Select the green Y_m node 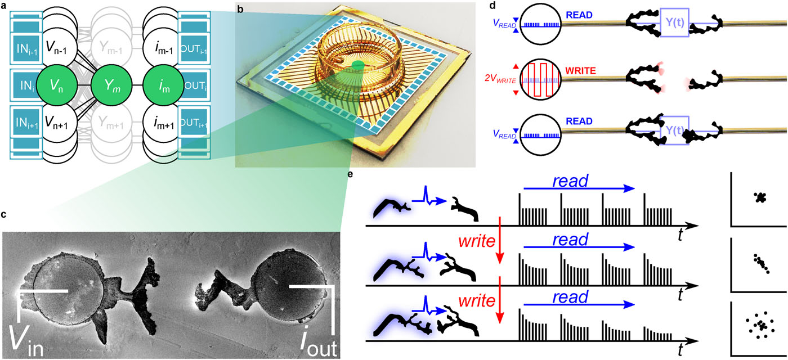coord(111,87)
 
